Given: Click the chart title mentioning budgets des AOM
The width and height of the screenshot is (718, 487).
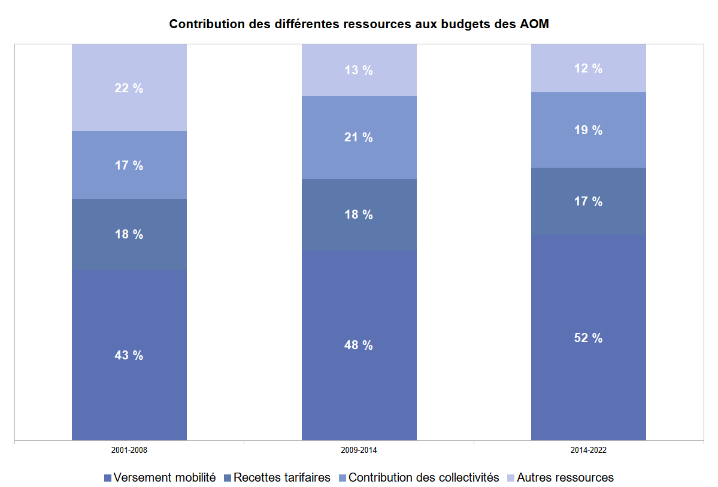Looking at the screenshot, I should [x=359, y=25].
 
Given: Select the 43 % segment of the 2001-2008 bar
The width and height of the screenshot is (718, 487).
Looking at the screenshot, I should [x=129, y=355].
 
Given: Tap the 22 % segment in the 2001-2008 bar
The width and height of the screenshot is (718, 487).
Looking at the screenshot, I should [x=129, y=88].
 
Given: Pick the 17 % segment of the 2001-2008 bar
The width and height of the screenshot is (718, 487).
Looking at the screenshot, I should [x=129, y=165].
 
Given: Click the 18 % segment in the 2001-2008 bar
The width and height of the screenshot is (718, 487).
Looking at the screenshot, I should [x=129, y=234].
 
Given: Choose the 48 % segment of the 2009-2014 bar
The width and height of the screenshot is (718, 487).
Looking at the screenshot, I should [x=359, y=345].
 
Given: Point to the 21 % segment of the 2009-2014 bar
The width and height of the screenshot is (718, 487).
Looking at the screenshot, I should [x=359, y=137].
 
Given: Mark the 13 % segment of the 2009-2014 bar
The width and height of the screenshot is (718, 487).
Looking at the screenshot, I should [x=359, y=70].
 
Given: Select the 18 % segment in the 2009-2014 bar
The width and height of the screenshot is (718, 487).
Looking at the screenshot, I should [x=359, y=214].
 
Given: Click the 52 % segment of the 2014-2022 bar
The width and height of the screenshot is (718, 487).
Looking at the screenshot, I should [x=588, y=338].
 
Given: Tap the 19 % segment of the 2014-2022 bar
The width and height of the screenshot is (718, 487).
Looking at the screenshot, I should [x=588, y=130].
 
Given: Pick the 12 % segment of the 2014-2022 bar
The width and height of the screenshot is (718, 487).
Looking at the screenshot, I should [x=588, y=68].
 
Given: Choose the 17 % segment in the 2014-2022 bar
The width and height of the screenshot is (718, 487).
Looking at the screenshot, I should [x=588, y=201].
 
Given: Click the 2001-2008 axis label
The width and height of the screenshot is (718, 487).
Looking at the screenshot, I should [x=129, y=449].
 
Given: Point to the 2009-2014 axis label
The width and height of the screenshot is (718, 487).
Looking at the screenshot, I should [x=359, y=449].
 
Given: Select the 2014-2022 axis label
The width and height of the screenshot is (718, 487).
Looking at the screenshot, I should [x=588, y=449].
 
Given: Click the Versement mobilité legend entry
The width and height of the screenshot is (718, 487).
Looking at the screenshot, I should [x=160, y=477].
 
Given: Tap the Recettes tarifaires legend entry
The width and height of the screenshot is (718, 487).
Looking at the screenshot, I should [x=277, y=477].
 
